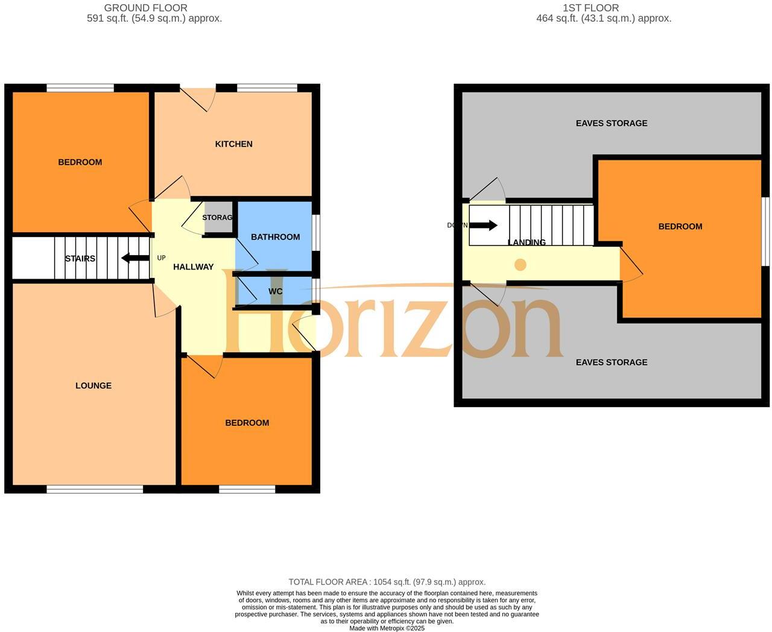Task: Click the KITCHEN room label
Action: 233,144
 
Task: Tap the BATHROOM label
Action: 275,237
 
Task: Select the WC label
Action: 275,291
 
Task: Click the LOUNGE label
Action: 93,386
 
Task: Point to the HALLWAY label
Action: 193,267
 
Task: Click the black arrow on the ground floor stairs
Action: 135,258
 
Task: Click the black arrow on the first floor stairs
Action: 483,226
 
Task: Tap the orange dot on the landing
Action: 520,265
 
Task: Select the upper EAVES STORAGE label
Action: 611,123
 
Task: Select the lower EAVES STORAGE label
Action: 611,362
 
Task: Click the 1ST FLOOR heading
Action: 590,8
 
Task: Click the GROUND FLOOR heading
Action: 145,8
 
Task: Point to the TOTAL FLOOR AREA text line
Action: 387,582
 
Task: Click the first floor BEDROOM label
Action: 680,227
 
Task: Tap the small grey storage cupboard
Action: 218,218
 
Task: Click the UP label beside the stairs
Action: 161,258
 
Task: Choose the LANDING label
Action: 527,242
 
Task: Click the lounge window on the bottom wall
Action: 95,489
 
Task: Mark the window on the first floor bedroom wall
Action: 765,232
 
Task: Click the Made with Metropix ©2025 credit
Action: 387,628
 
